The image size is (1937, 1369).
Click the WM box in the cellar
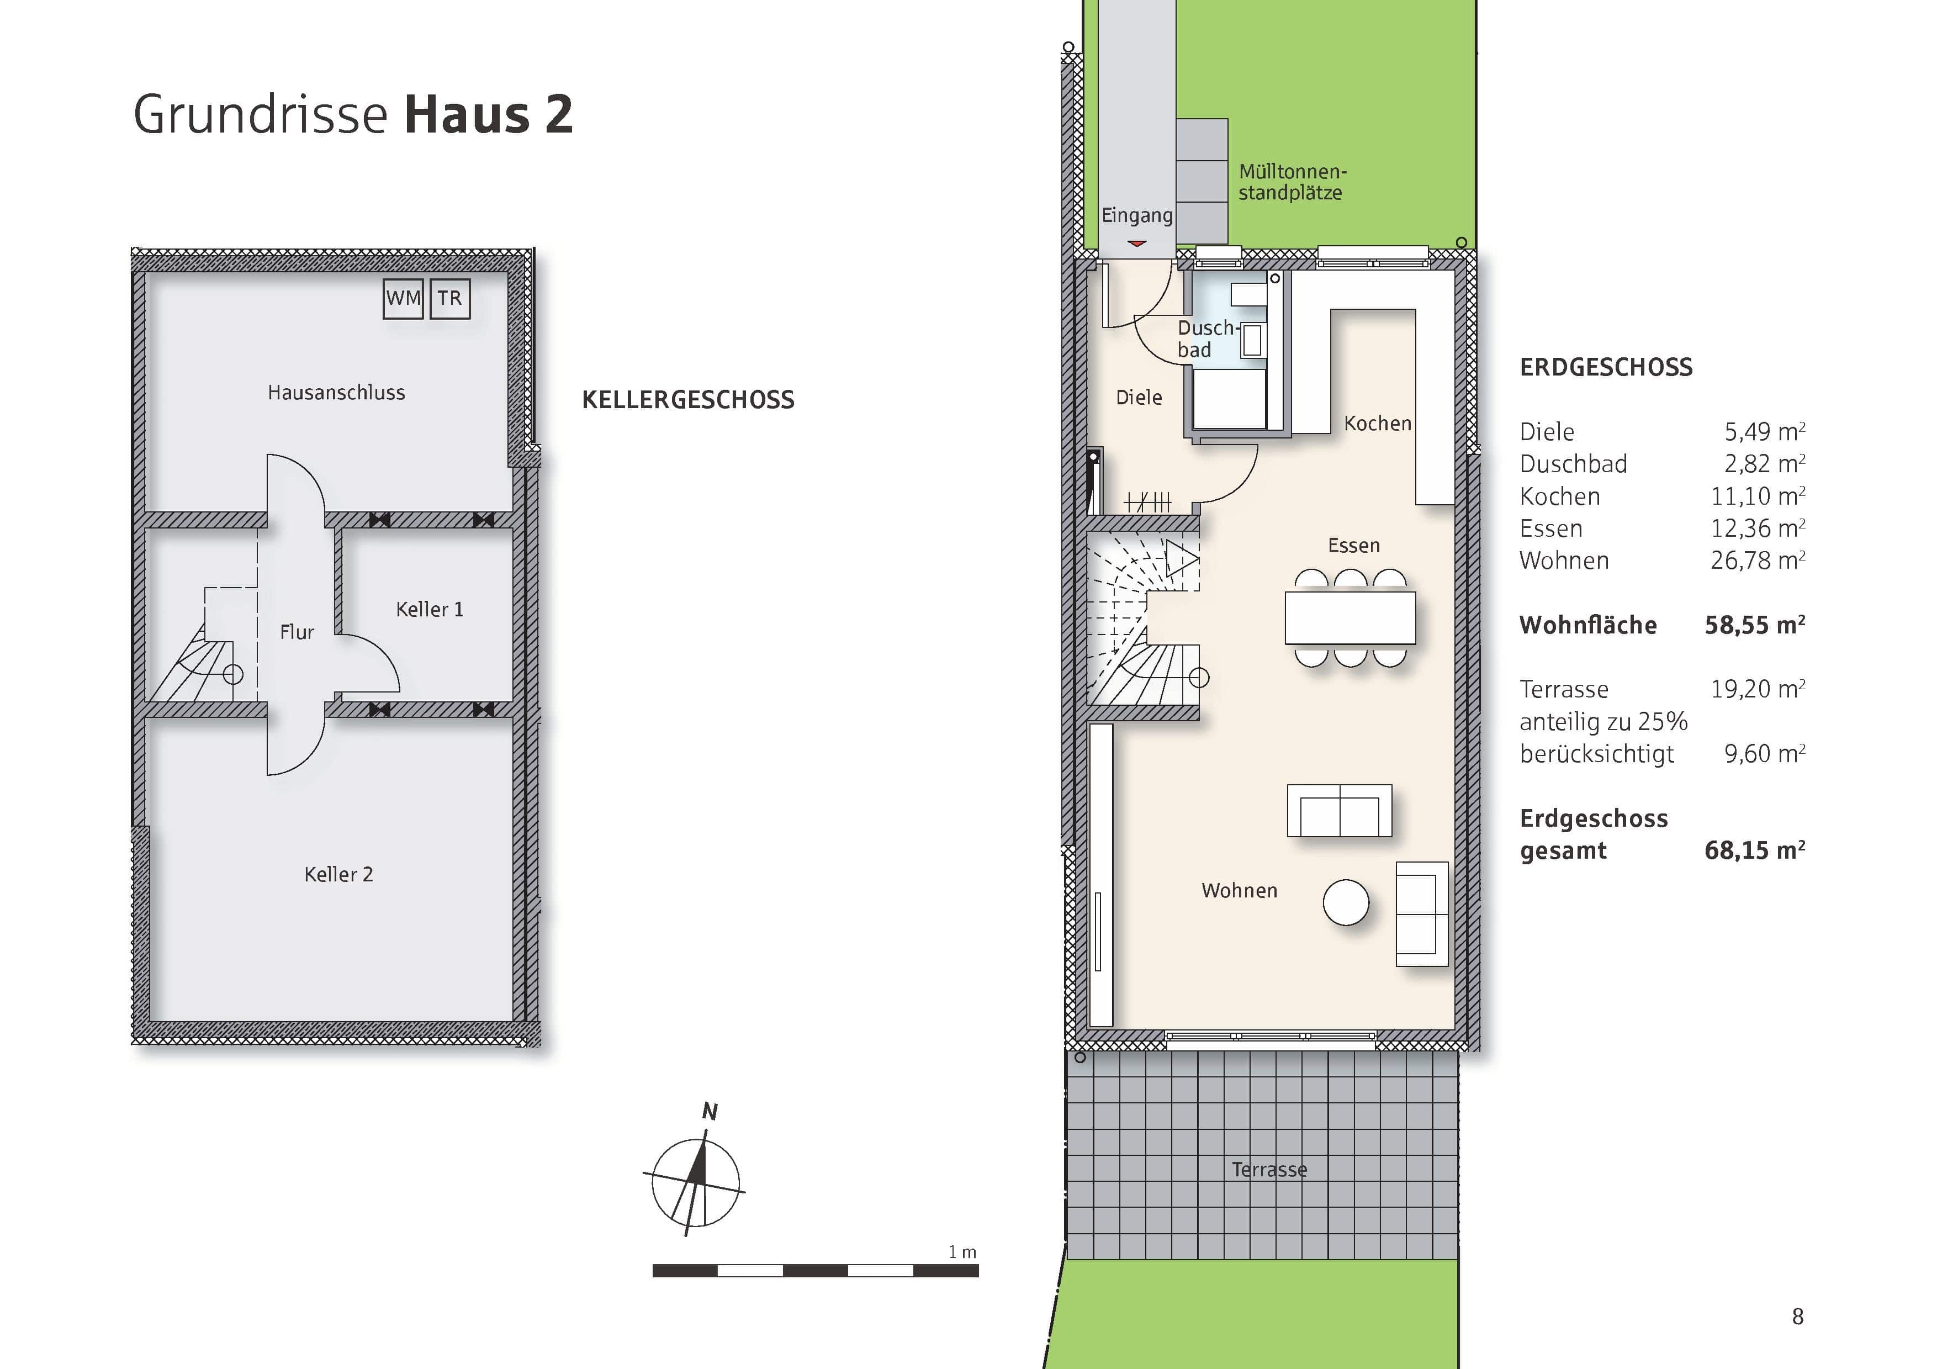tap(403, 299)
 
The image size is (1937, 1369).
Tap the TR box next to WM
tap(449, 299)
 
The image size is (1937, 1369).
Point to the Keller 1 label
tap(430, 609)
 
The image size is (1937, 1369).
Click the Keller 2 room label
tap(338, 874)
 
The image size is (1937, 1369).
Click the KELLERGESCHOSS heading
tap(687, 400)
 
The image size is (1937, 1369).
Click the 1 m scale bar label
tap(962, 1252)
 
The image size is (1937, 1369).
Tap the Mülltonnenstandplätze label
tap(1292, 182)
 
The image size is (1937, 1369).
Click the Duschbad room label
tap(1205, 338)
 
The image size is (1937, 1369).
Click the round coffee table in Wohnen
tap(1346, 902)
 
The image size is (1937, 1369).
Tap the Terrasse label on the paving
tap(1269, 1169)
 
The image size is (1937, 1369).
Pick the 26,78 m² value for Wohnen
tap(1758, 560)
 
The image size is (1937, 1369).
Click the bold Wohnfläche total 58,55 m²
tap(1754, 625)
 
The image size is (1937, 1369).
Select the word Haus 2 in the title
tap(489, 115)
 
